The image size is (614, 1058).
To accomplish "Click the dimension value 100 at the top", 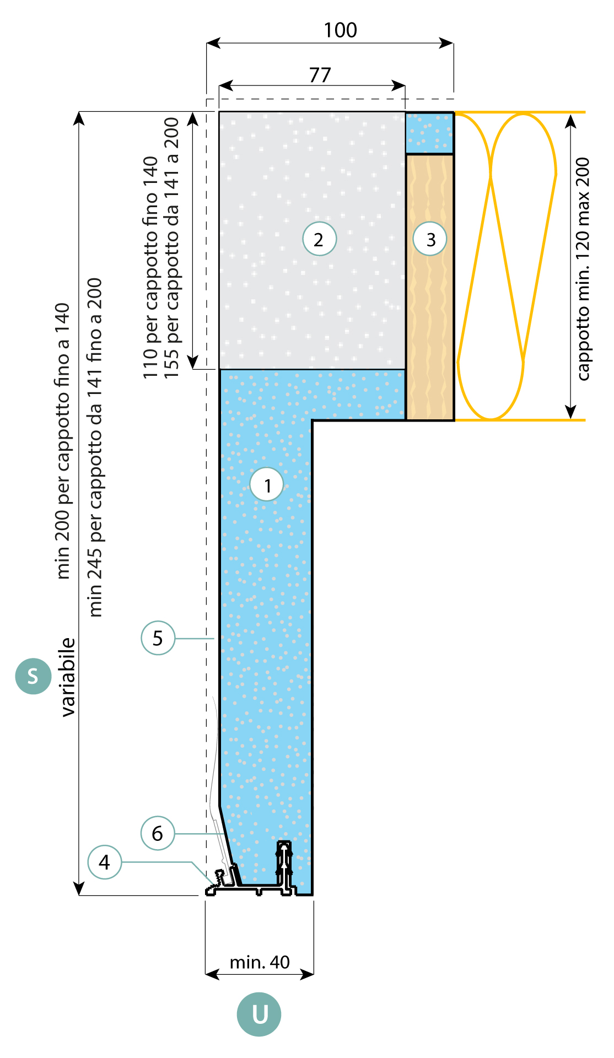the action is click(340, 30).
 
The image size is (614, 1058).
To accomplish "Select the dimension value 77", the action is click(320, 75).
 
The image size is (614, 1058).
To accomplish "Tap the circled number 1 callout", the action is click(267, 485).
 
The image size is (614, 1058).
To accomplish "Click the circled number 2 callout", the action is click(319, 239).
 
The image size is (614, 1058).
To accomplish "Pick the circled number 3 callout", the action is click(430, 239).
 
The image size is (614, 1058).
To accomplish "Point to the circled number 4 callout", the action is click(104, 862).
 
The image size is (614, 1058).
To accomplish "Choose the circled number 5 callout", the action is click(158, 638).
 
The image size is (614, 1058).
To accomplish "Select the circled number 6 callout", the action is click(158, 833).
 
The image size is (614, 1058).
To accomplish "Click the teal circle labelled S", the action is click(33, 676).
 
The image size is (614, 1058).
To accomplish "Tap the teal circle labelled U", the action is click(259, 1014).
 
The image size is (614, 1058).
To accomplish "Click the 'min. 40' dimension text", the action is click(260, 962).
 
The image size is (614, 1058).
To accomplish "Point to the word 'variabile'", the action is click(68, 677).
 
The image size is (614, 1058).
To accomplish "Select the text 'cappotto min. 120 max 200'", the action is click(583, 269).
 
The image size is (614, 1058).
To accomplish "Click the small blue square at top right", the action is click(429, 133).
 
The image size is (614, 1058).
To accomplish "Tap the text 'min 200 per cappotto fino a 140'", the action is click(63, 441).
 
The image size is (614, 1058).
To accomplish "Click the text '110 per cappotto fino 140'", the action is click(150, 267).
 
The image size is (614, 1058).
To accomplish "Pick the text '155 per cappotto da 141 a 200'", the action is click(171, 248).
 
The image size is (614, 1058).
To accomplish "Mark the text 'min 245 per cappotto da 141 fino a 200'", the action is click(95, 447).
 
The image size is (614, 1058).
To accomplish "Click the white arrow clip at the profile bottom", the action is click(284, 863).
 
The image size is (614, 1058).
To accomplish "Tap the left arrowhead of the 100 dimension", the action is click(213, 43).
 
